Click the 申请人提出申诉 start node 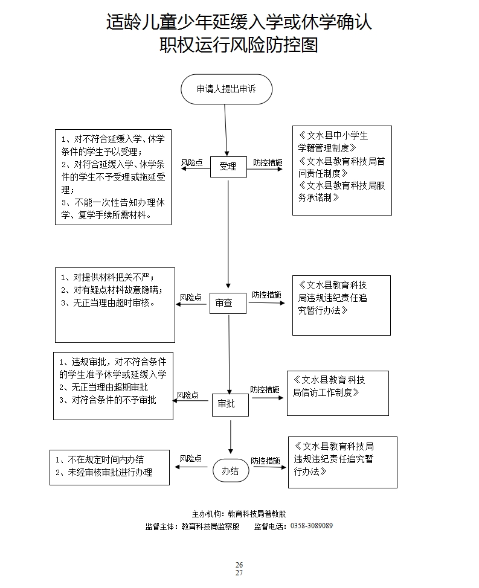pyautogui.click(x=227, y=89)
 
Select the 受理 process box pyautogui.click(x=228, y=167)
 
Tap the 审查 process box pyautogui.click(x=228, y=303)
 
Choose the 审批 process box pyautogui.click(x=230, y=404)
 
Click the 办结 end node pyautogui.click(x=230, y=471)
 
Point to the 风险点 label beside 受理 pyautogui.click(x=191, y=162)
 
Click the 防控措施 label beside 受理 pyautogui.click(x=268, y=162)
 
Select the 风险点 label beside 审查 pyautogui.click(x=191, y=297)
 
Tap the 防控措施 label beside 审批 pyautogui.click(x=265, y=389)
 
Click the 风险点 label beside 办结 pyautogui.click(x=190, y=459)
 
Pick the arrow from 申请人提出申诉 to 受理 pyautogui.click(x=226, y=130)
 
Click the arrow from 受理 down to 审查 pyautogui.click(x=228, y=232)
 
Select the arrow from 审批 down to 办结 pyautogui.click(x=231, y=436)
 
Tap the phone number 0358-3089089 pyautogui.click(x=312, y=526)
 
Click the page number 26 pyautogui.click(x=239, y=564)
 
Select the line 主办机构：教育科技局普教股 pyautogui.click(x=239, y=514)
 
